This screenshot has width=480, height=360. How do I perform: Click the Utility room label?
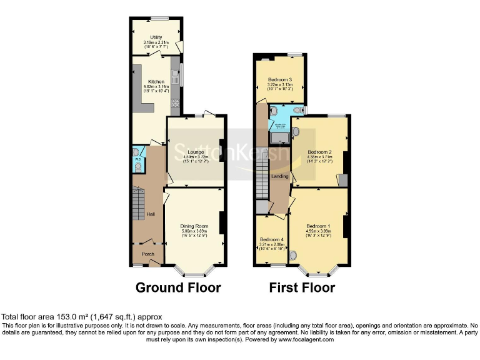pos(147,37)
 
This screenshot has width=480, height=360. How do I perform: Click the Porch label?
pos(147,254)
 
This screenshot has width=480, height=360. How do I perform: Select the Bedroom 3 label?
pos(280,80)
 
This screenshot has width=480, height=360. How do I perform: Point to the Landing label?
pos(279,176)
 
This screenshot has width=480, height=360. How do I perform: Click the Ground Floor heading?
pos(178,287)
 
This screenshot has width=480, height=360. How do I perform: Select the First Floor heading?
pos(302,287)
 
